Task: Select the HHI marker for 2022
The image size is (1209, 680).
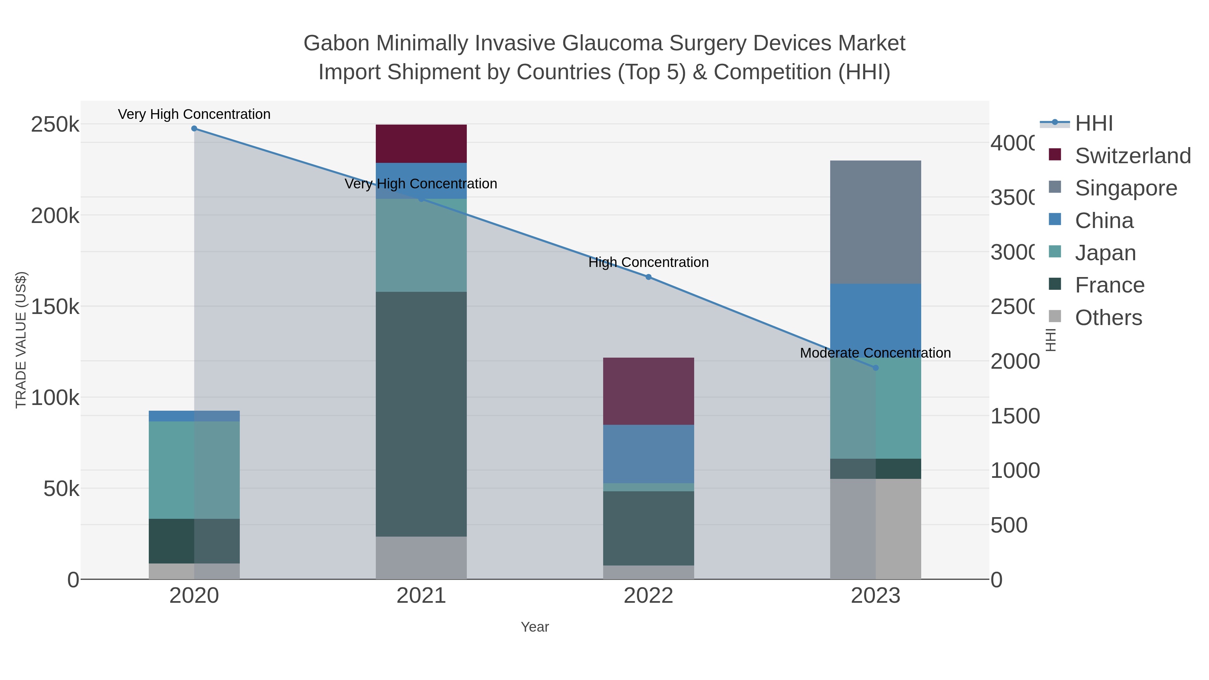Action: [648, 277]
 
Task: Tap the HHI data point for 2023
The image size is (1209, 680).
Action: [875, 368]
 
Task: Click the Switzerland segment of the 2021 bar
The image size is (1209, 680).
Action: [421, 144]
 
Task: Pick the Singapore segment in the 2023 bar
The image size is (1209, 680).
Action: [875, 222]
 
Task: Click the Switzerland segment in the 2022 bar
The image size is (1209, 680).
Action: [648, 391]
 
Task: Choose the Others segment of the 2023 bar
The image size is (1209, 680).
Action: [875, 529]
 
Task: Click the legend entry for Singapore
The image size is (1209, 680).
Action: [1125, 188]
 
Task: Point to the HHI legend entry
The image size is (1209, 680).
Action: [1093, 124]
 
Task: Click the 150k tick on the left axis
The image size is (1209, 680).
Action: [55, 307]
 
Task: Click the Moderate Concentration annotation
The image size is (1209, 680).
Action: [875, 353]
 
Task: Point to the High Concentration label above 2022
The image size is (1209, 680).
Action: [648, 262]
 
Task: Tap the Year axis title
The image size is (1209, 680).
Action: [535, 627]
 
